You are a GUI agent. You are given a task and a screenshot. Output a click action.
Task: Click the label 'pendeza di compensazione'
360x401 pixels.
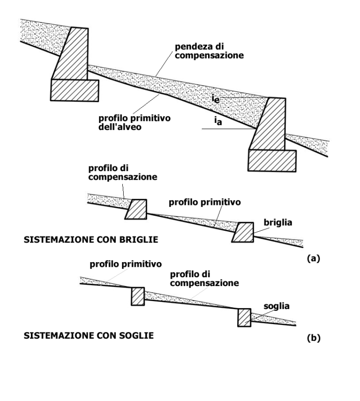pos(209,51)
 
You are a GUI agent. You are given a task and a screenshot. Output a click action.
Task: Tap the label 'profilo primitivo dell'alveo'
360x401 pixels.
pos(135,122)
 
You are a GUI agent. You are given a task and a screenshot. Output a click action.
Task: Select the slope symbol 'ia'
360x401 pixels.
pos(218,121)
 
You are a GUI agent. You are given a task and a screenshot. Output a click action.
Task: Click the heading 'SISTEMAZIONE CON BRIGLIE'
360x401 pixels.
pos(91,240)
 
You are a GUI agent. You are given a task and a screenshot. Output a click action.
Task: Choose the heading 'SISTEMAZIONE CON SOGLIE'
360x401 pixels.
pos(89,335)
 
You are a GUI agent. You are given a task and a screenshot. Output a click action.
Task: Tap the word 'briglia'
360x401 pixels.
pos(278,223)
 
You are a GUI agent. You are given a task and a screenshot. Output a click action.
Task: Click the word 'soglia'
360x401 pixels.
pos(277,306)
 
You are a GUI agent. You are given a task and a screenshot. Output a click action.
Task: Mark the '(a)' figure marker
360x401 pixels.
pos(314,258)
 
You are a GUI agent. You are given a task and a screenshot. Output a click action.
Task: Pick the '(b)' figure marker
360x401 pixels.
pos(314,338)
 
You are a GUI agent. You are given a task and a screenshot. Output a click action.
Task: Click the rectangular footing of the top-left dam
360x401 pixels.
pos(75,90)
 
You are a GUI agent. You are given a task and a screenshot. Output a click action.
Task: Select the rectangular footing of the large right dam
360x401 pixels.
pos(272,160)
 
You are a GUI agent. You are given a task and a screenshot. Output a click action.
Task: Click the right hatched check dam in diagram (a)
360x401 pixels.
pos(243,232)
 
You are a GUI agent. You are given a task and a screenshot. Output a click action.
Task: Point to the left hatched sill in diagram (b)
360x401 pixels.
pos(138,296)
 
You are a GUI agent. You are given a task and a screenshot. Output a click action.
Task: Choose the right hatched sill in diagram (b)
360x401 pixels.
pos(244,318)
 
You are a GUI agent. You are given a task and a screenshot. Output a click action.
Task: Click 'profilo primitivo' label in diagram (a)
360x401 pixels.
pos(205,202)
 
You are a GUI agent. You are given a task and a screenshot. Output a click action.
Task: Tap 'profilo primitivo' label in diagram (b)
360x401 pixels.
pos(126,264)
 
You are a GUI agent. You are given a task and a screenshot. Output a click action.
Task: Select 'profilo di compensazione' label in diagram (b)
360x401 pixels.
pos(204,279)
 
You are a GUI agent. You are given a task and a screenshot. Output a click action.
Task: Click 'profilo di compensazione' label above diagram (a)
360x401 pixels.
pos(123,173)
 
